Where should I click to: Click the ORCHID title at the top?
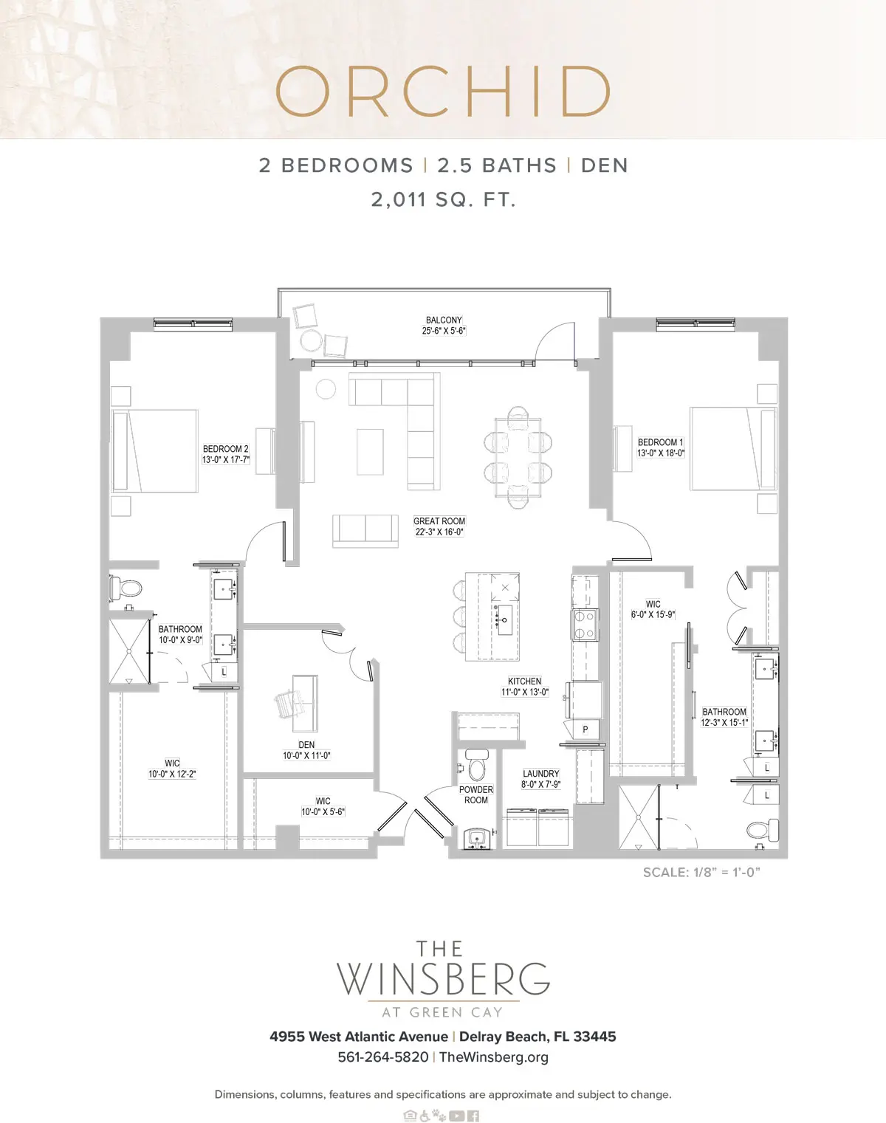point(443,92)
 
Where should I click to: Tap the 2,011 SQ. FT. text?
point(444,199)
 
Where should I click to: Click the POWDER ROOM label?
point(476,794)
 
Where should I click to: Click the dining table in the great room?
point(518,457)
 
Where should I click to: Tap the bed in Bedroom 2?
point(154,451)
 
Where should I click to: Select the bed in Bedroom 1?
point(733,449)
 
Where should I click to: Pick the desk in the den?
point(305,704)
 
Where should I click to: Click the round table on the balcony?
point(311,340)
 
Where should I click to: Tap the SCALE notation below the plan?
point(701,873)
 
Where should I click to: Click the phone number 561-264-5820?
point(383,1057)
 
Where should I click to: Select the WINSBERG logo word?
point(443,979)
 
